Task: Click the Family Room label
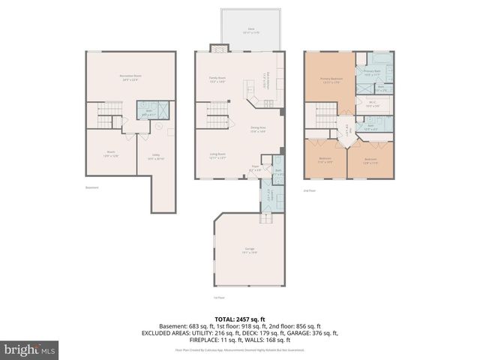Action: pos(217,79)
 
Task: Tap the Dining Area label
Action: pos(259,129)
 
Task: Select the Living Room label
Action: pos(217,156)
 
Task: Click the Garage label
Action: pos(250,250)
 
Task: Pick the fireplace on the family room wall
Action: pos(217,49)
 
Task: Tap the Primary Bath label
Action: pos(373,73)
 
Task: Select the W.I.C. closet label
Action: pos(373,104)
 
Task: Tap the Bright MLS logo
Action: pos(30,349)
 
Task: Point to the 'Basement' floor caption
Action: pos(92,187)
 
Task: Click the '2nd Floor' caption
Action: pos(310,190)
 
